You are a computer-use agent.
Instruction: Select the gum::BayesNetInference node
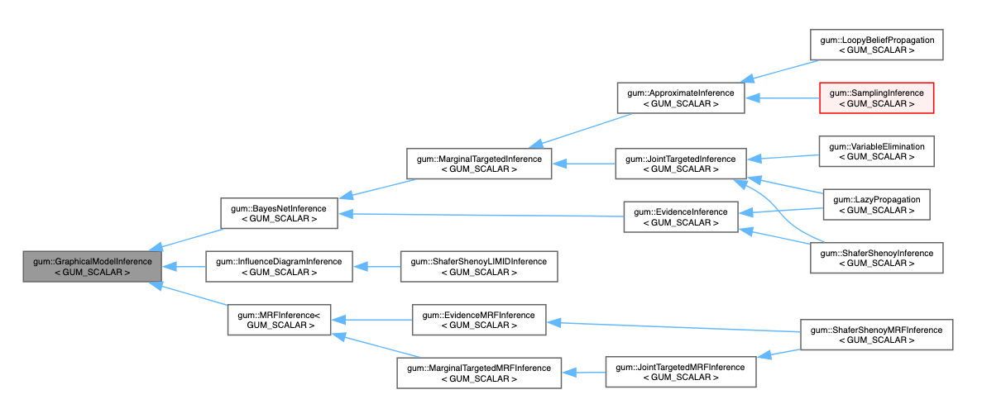click(279, 212)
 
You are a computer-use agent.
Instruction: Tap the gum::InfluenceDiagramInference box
click(279, 267)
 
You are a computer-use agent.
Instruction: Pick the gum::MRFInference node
click(279, 320)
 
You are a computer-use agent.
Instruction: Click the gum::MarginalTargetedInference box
click(479, 163)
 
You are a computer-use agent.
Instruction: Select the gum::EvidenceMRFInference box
click(479, 320)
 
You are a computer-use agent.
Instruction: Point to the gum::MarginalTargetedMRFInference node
click(479, 373)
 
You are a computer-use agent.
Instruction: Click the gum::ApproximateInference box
click(681, 97)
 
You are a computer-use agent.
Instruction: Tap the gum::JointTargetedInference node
click(681, 163)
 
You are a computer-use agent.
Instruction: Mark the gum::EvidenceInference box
click(681, 216)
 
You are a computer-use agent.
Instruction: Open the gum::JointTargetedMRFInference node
click(681, 373)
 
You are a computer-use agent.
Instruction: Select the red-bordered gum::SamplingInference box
click(876, 97)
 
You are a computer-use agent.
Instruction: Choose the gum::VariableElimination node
click(876, 151)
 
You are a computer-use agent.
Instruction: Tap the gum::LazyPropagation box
click(876, 205)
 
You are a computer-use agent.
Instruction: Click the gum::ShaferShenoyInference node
click(876, 259)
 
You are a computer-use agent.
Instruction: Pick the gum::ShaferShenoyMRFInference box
click(876, 335)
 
